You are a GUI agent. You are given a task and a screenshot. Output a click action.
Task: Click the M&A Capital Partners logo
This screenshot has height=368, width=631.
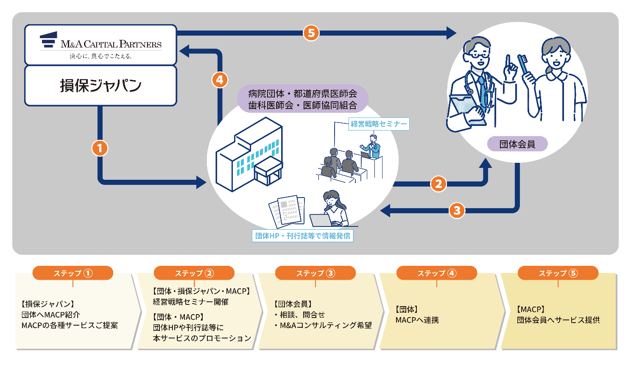101,45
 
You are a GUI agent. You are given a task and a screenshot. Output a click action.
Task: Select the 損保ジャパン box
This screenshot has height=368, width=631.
101,86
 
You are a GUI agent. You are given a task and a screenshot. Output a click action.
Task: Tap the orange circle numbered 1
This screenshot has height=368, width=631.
100,148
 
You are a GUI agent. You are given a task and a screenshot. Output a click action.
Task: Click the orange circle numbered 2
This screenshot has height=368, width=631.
438,184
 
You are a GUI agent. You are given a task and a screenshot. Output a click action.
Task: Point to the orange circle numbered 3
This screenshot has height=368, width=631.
457,210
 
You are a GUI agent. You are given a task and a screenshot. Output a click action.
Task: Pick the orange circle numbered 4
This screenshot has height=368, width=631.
219,80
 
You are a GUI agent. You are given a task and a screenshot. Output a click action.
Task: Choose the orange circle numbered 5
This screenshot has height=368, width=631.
311,33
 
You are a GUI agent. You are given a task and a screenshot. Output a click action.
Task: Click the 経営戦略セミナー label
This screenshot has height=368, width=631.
379,124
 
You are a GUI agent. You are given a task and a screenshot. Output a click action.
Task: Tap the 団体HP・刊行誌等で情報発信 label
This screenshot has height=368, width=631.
303,236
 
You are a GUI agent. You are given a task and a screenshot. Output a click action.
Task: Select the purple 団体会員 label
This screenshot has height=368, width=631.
517,144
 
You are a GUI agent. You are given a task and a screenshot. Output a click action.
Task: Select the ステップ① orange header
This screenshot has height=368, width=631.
73,273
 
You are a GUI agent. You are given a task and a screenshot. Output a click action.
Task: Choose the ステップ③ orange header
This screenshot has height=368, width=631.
315,273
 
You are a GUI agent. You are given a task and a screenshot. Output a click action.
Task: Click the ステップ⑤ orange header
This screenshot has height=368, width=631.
558,273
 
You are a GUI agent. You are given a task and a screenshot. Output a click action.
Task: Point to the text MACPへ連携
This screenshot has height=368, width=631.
417,320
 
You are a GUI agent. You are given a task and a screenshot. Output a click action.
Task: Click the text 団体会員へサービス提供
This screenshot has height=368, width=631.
558,320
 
